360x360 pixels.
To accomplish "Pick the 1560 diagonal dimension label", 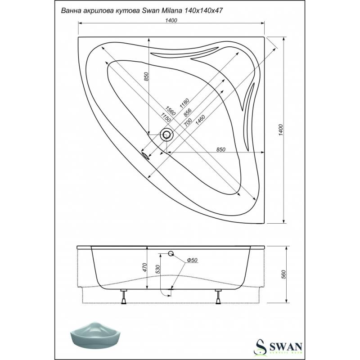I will coord(171,110).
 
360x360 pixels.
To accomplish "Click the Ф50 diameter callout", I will coord(192,260).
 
